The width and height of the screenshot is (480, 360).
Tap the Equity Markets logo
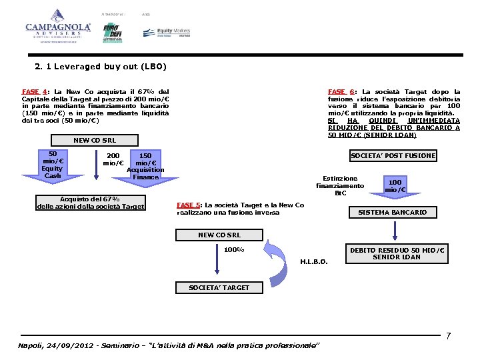point(167,32)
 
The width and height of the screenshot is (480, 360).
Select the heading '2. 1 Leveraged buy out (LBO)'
point(101,67)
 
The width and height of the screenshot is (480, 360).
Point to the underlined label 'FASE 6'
point(340,91)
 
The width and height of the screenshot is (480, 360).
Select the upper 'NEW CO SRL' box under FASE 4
point(94,140)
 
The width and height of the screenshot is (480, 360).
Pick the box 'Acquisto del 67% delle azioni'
point(90,203)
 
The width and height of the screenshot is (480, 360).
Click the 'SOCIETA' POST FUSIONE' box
point(393,155)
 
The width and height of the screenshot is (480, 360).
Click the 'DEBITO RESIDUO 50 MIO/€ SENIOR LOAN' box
point(397,253)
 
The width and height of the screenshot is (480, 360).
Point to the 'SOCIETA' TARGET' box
point(219,287)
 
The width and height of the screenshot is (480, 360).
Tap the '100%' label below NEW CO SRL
point(233,250)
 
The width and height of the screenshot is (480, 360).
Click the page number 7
point(449,335)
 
